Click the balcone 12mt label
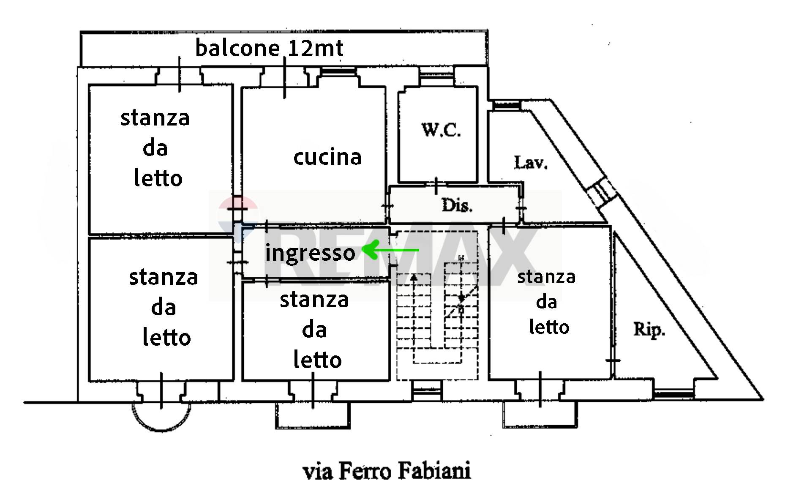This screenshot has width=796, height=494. (x=269, y=48)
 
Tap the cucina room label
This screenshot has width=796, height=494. (x=327, y=157)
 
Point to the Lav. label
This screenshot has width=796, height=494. (x=531, y=162)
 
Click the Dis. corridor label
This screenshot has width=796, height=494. (x=457, y=206)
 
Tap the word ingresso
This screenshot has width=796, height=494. (x=310, y=253)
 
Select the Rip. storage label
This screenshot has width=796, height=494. (x=649, y=329)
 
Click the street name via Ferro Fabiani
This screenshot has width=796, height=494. (x=387, y=471)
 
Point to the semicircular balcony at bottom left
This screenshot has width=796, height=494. (x=161, y=416)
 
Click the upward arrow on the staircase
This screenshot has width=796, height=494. (x=414, y=279)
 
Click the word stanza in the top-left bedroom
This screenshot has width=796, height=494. (x=155, y=117)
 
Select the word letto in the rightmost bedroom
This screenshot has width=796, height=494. (x=549, y=327)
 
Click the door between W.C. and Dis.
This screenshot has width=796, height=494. (x=436, y=185)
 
